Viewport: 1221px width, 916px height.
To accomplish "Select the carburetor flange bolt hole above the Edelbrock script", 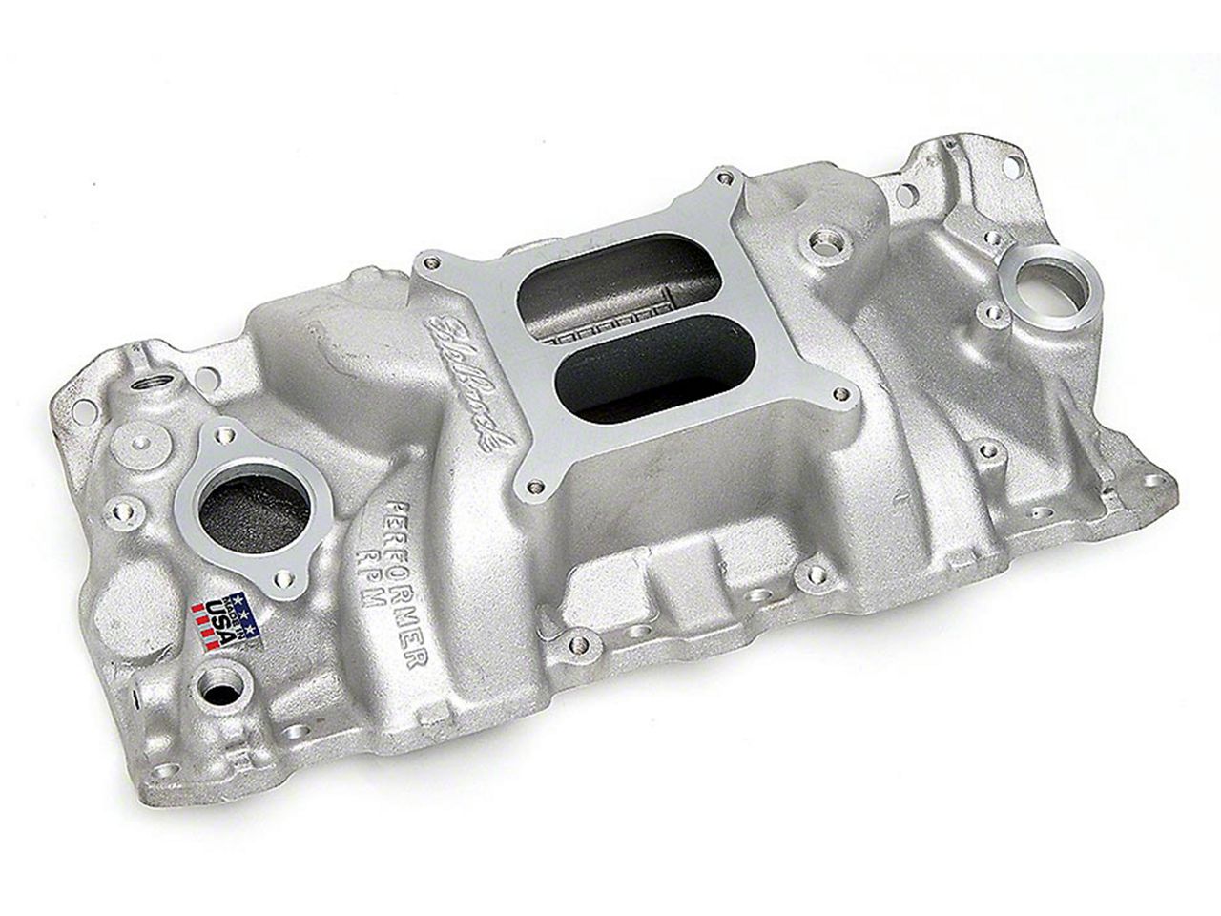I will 433,258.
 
